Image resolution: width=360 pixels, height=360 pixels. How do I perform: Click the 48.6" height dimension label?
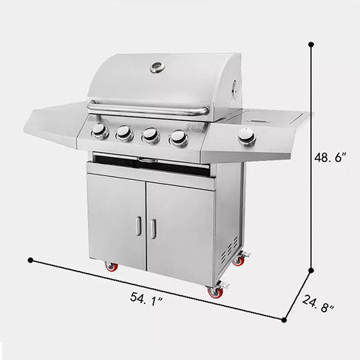330,158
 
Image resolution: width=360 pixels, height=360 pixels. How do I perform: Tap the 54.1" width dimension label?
147,299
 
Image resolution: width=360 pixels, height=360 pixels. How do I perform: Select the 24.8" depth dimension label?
318,304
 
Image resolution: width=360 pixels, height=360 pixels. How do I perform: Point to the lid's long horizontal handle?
148,109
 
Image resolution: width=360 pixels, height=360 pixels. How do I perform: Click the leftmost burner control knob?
100,132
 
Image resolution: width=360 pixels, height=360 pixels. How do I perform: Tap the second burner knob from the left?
125,133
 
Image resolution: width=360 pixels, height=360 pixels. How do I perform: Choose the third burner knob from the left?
150,135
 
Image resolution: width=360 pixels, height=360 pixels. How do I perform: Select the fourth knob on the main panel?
179,138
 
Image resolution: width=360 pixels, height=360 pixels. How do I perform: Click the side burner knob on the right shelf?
247,137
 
